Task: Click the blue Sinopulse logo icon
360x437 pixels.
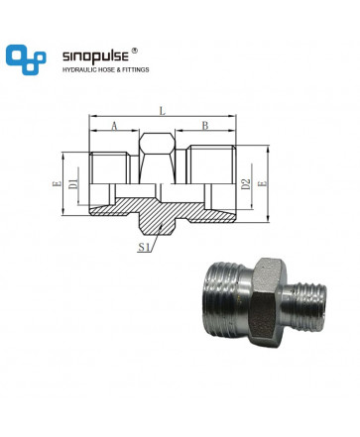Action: pos(26,59)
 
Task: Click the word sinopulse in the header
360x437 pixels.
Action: pos(95,56)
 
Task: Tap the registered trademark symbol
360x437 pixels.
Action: pos(135,51)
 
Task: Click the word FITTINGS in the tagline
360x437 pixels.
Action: pos(137,69)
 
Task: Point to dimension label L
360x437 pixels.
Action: pos(162,111)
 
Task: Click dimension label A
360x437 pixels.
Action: pos(114,126)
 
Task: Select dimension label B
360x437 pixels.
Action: pos(205,126)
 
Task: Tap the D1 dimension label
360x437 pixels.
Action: pos(73,183)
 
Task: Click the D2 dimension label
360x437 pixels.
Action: pos(246,184)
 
